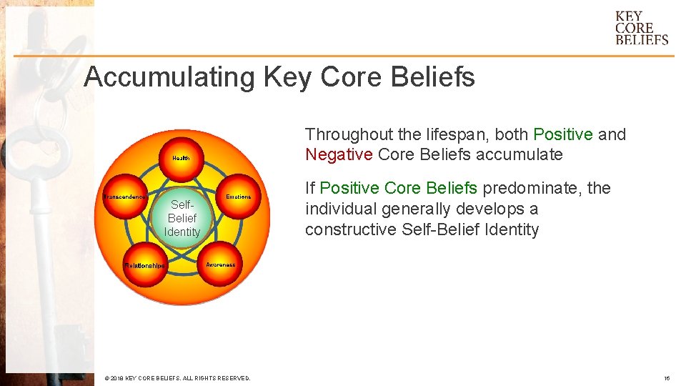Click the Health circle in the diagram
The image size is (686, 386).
181,158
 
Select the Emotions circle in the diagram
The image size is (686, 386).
237,197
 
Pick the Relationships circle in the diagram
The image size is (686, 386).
145,265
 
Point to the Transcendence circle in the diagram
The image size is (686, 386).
126,197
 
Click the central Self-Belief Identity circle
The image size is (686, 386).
182,218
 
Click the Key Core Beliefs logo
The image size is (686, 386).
641,29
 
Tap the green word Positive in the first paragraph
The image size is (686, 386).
563,134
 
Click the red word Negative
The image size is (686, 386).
339,154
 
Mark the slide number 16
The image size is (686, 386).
666,378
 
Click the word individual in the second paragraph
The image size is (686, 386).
340,209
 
